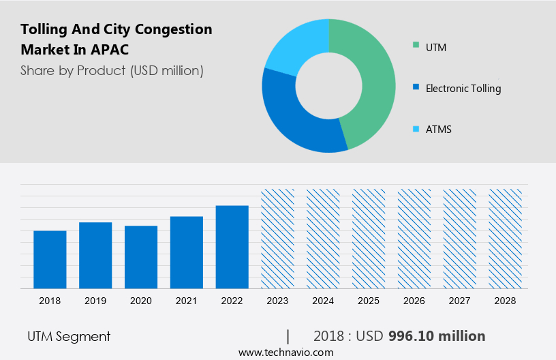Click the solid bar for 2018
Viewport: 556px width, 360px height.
50,259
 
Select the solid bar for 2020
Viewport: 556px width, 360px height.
141,256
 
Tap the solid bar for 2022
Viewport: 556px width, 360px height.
232,247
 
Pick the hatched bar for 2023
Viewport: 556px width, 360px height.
278,239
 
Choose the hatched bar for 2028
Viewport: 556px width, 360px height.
506,239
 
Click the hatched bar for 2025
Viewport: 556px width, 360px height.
369,239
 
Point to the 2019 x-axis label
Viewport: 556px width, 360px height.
95,301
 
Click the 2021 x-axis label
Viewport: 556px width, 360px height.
187,301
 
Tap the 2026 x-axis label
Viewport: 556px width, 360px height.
414,301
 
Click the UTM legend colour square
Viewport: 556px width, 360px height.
416,46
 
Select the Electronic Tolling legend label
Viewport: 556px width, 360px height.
463,88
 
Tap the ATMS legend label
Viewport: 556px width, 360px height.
439,129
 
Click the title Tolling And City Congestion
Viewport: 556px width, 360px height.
117,29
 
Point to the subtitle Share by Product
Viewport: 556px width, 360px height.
112,70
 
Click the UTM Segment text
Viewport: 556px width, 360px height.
69,336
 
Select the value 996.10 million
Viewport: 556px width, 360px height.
437,336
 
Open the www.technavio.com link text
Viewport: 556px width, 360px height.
286,352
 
